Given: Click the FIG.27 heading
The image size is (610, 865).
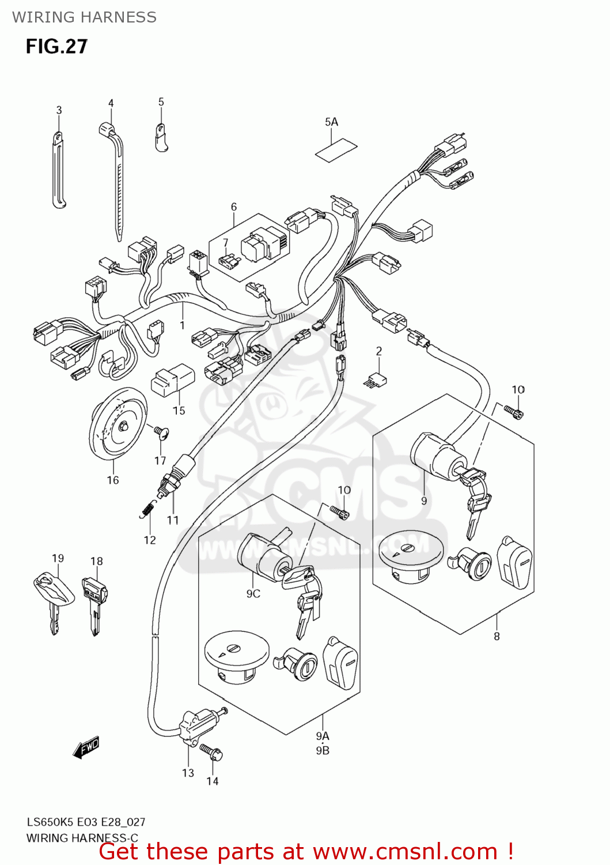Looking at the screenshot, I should click(56, 47).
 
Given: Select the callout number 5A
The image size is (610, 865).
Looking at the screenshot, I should click(331, 122).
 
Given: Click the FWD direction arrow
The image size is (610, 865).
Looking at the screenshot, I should click(86, 747).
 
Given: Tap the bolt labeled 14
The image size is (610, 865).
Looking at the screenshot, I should click(211, 751).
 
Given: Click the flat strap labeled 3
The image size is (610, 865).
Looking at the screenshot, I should click(59, 170).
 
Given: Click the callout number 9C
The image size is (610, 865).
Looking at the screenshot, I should click(253, 593).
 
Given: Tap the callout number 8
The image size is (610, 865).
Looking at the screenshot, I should click(497, 636).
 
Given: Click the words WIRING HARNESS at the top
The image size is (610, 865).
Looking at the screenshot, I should click(84, 17).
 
